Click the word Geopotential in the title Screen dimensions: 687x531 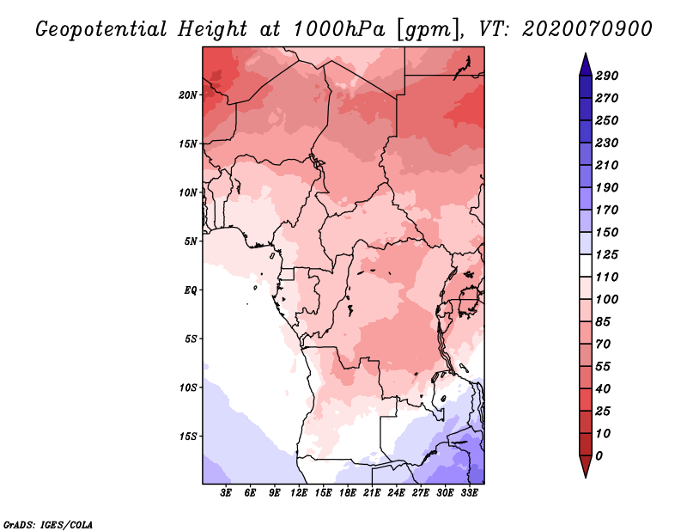point(101,30)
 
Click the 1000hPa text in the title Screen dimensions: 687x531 point(339,29)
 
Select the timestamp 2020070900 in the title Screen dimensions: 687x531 point(587,29)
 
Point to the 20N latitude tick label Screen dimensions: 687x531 point(188,95)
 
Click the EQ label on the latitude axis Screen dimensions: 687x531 point(190,290)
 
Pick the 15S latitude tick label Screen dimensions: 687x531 point(188,436)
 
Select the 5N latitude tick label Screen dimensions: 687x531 point(191,241)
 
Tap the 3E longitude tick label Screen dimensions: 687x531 point(226,493)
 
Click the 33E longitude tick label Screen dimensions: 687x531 point(469,493)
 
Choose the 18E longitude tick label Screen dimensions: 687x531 point(348,493)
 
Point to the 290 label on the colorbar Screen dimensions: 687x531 point(606,76)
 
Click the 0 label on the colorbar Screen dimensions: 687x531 point(599,456)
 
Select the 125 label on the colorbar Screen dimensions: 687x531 point(606,254)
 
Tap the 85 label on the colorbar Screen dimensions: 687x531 point(603,322)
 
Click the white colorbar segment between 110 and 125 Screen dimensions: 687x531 point(586,265)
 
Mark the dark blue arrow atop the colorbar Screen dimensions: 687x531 point(586,64)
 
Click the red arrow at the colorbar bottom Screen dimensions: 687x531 point(586,466)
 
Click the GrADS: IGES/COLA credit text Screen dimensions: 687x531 point(48,525)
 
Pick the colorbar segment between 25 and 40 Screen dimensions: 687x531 point(586,400)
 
